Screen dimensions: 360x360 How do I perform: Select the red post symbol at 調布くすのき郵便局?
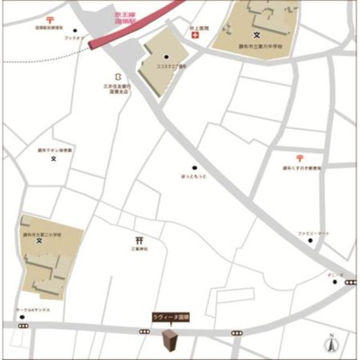[x=298, y=159]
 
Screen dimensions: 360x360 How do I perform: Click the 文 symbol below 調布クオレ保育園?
[x=53, y=159]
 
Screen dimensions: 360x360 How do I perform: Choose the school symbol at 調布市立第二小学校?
[x=39, y=241]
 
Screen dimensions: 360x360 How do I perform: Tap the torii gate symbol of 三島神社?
[x=139, y=240]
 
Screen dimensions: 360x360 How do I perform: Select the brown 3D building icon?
[x=168, y=341]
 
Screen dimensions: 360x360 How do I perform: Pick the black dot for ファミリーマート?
[x=310, y=241]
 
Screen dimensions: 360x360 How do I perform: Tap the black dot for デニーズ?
[x=335, y=282]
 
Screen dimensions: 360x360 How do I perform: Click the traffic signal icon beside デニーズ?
[x=350, y=282]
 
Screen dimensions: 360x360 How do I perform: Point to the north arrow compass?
[x=330, y=342]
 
